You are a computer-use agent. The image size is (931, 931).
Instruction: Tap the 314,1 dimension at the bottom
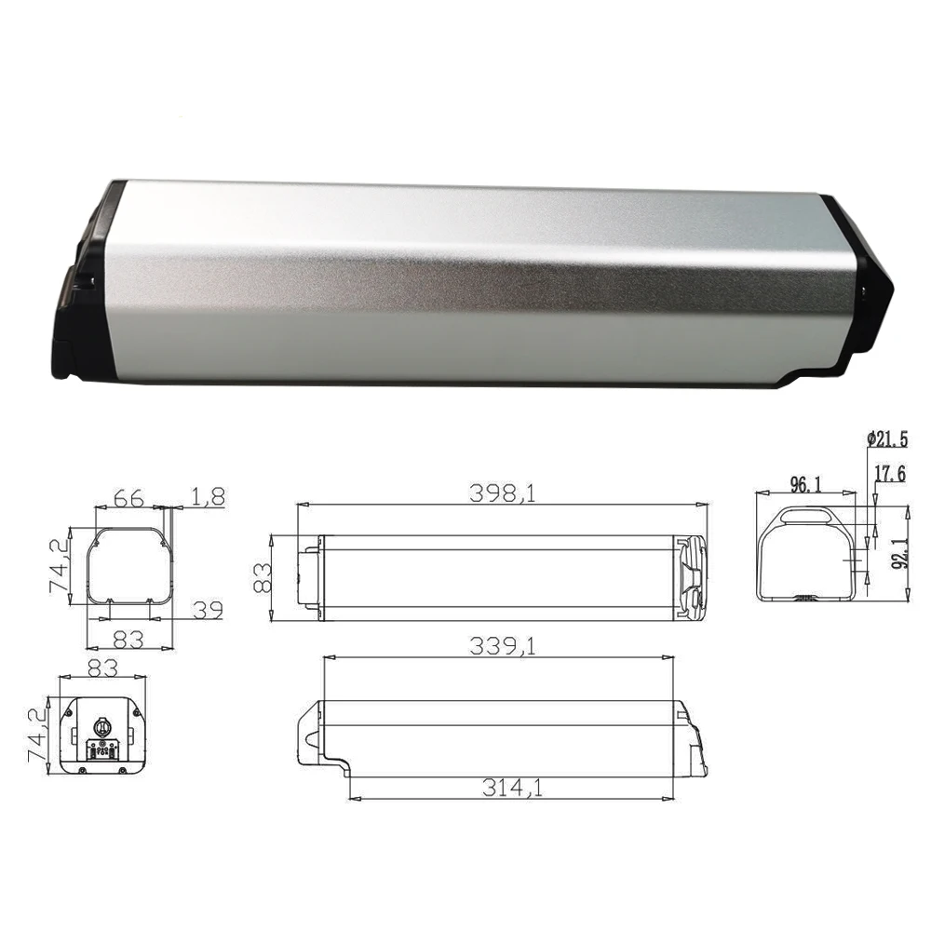(514, 788)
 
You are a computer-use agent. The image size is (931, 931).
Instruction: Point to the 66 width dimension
(128, 498)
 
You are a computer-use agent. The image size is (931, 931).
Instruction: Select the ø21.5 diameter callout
(886, 438)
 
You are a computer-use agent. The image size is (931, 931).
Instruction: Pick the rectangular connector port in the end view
(101, 749)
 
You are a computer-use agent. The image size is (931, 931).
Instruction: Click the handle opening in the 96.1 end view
(807, 514)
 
